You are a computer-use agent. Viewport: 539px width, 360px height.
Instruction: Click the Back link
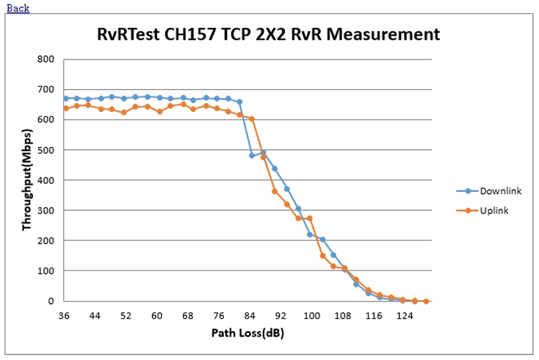[18, 8]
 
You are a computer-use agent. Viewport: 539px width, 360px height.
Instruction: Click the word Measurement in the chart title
[383, 34]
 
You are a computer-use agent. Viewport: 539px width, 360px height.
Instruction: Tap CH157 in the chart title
[190, 34]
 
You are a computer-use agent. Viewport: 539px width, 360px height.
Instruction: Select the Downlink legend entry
[500, 191]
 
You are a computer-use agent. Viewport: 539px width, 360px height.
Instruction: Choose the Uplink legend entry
[494, 211]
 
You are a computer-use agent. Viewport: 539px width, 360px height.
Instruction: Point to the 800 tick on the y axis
[46, 59]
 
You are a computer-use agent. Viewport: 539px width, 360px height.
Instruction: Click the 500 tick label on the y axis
[46, 150]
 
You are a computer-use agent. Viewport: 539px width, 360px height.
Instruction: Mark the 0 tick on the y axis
[51, 301]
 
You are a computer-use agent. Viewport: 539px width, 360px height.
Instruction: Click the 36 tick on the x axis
[64, 316]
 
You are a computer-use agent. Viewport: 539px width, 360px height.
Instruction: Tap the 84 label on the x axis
[249, 316]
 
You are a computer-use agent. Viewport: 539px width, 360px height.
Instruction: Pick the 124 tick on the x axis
[404, 316]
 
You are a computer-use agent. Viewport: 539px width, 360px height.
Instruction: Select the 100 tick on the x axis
[312, 316]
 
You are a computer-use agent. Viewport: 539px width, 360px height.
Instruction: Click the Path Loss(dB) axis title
[248, 333]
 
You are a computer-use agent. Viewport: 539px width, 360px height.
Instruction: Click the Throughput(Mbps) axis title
[27, 180]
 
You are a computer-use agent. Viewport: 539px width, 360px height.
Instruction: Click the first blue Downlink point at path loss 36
[66, 98]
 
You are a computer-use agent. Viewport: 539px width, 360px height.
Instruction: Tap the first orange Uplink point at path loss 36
[66, 108]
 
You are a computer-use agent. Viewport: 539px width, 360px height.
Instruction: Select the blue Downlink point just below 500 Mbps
[252, 155]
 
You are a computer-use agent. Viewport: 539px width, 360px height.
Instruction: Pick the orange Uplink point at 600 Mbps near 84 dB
[252, 119]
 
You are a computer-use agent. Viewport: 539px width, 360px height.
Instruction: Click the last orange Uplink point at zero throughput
[426, 301]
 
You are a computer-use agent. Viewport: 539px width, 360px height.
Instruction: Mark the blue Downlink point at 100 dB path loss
[310, 234]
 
